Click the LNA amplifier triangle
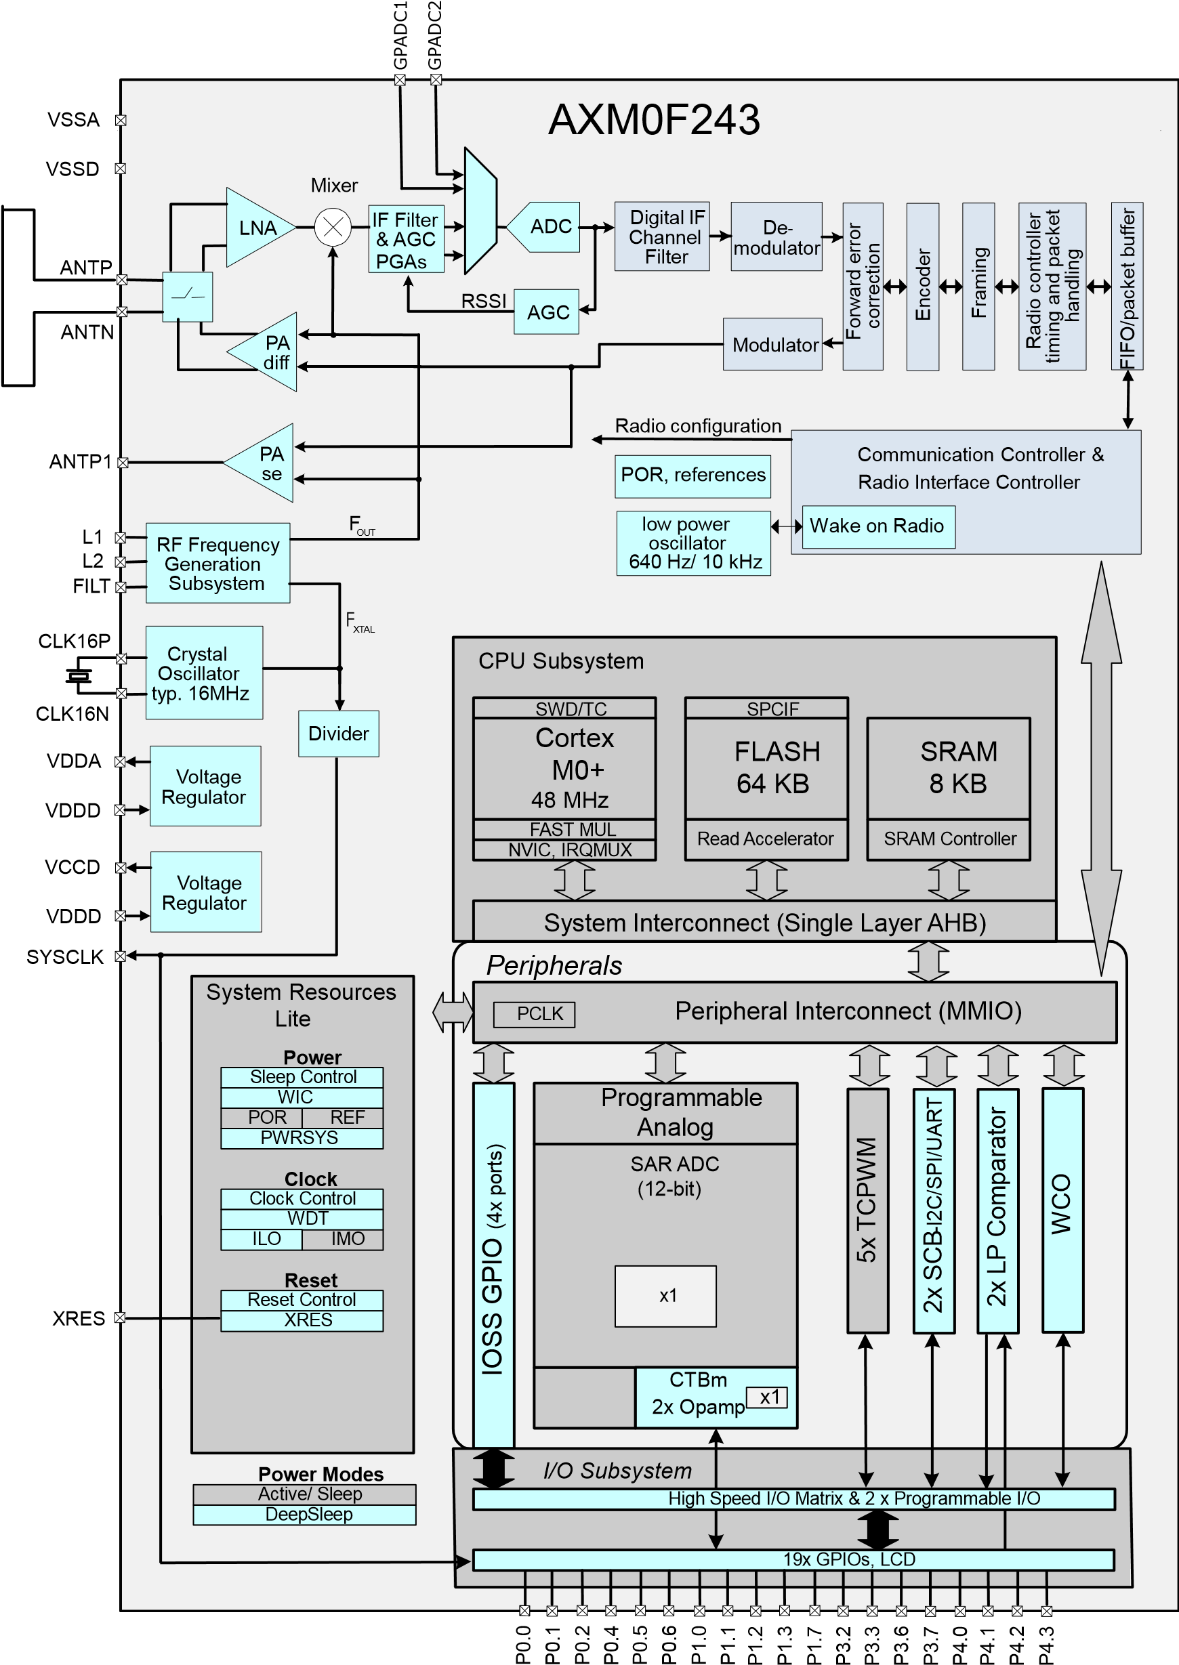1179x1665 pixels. pyautogui.click(x=255, y=228)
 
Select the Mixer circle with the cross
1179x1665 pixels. pyautogui.click(x=333, y=228)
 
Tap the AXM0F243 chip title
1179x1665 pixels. pyautogui.click(x=653, y=120)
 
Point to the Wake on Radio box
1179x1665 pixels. pyautogui.click(x=877, y=526)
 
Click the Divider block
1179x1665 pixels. pyautogui.click(x=338, y=734)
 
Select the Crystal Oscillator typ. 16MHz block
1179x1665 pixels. pyautogui.click(x=204, y=673)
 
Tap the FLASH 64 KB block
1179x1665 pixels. pyautogui.click(x=766, y=768)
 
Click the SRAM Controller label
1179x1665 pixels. pyautogui.click(x=949, y=839)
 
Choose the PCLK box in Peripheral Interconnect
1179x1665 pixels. pyautogui.click(x=535, y=1014)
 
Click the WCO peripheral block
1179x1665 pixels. pyautogui.click(x=1062, y=1210)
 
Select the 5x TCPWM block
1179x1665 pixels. pyautogui.click(x=867, y=1210)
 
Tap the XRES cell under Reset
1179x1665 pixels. pyautogui.click(x=302, y=1320)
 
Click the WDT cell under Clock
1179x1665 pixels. pyautogui.click(x=302, y=1219)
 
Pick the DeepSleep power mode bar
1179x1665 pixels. pyautogui.click(x=305, y=1515)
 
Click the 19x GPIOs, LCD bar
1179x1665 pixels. pyautogui.click(x=793, y=1560)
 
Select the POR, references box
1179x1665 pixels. pyautogui.click(x=692, y=476)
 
